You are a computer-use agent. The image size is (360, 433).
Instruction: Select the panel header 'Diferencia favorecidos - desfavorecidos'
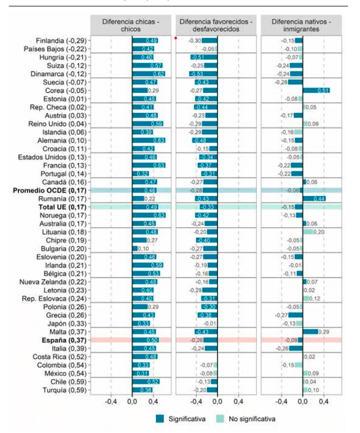coord(216,25)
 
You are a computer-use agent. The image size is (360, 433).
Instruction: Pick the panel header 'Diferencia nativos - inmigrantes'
coord(301,25)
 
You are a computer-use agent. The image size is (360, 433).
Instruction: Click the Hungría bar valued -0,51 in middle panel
coord(204,58)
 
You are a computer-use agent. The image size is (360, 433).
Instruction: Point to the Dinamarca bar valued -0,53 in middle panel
coord(203,74)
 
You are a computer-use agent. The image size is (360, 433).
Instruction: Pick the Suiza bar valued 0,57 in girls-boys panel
coord(147,66)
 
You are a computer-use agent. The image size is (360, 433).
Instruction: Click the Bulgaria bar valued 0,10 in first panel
coord(135,248)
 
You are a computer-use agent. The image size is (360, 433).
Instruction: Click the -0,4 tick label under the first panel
coord(111,401)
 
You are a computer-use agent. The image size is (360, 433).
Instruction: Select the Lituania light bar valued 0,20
coord(308,232)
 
